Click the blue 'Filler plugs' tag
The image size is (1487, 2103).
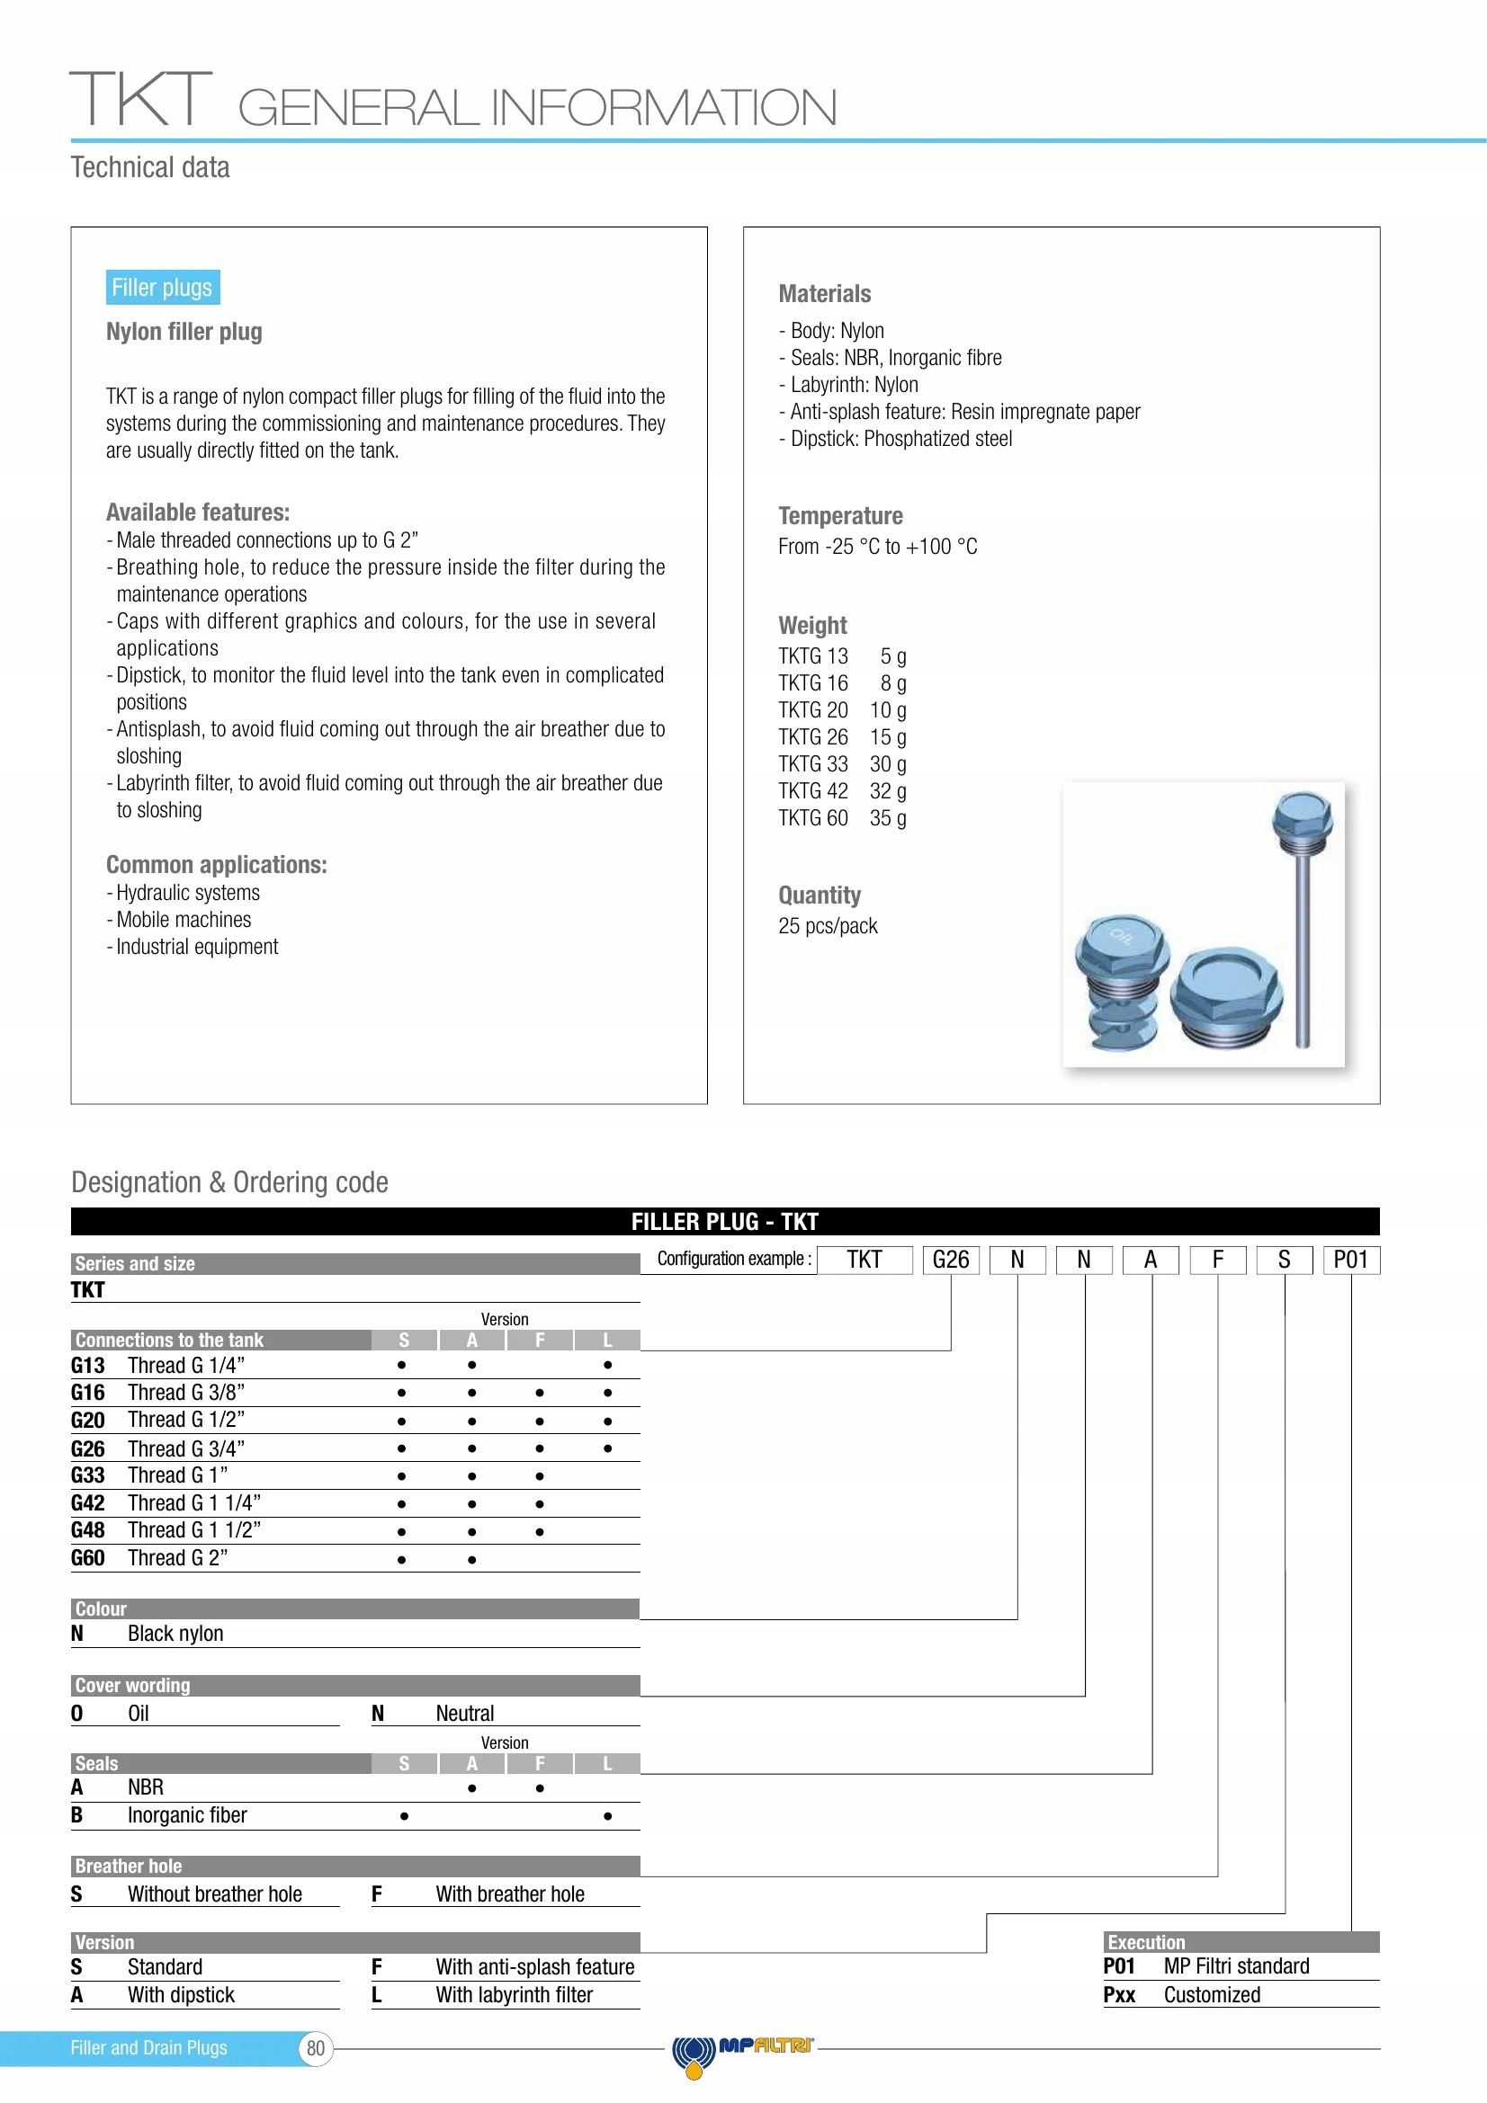coord(162,288)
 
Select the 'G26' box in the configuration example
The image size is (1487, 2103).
coord(950,1260)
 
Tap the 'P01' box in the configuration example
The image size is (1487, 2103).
coord(1350,1260)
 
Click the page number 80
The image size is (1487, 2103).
coord(315,2049)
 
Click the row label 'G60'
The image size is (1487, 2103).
coord(88,1558)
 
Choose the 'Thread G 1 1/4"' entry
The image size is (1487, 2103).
coord(194,1503)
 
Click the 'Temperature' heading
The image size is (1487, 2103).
coord(840,516)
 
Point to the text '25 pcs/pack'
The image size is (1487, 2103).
coord(828,926)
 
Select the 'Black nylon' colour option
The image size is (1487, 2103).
coord(175,1633)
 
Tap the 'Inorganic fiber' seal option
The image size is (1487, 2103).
coord(187,1814)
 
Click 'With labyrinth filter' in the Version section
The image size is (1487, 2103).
coord(514,1995)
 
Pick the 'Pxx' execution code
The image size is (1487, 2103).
coord(1119,1995)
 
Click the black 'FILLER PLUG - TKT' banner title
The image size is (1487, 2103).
coord(725,1221)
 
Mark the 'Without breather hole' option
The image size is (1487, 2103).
coord(214,1894)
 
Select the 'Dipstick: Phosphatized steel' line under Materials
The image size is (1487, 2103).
coord(900,439)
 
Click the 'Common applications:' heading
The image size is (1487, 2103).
coord(216,865)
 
